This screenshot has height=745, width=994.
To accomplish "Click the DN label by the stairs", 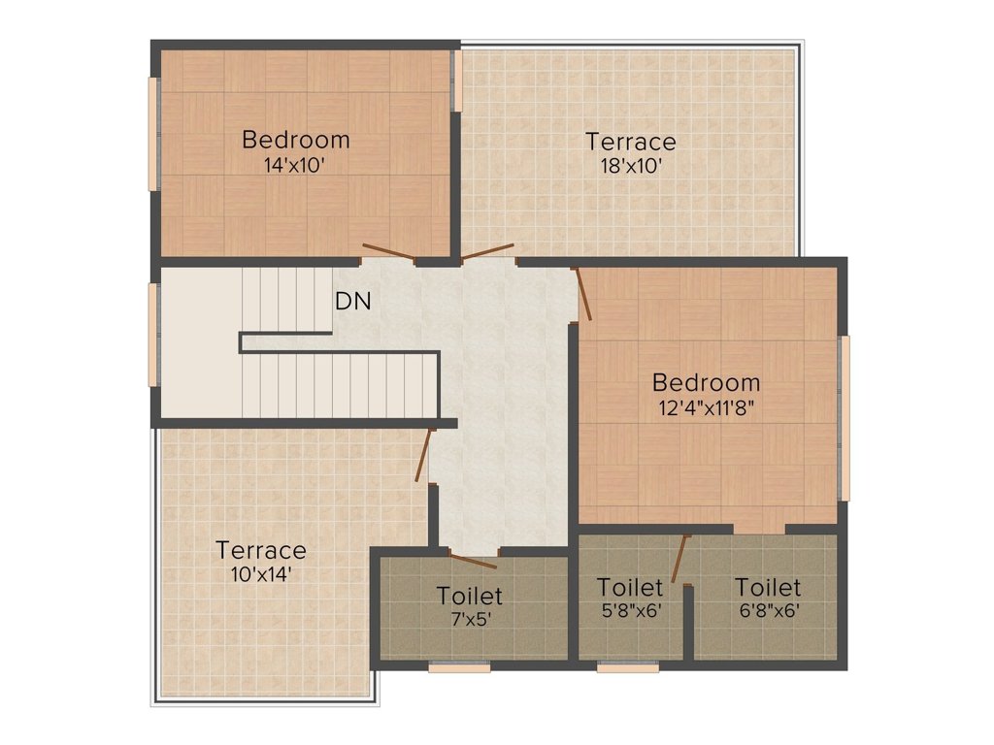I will point(353,302).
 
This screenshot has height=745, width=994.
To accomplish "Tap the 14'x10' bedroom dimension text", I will point(294,165).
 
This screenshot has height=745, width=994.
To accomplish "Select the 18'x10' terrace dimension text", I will point(631,166).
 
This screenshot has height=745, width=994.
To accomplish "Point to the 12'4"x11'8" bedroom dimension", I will point(706,407).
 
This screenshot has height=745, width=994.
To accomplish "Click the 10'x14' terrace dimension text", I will point(260,574).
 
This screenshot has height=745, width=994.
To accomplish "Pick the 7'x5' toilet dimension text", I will point(470,619).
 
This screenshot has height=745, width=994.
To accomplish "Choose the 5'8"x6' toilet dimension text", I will point(630,611).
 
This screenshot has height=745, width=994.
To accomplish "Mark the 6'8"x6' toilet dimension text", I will point(767,611).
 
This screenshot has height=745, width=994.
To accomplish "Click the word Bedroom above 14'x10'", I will point(296,140).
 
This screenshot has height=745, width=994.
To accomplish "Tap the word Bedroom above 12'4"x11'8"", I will point(706,382).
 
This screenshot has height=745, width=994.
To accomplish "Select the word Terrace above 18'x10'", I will point(631,142).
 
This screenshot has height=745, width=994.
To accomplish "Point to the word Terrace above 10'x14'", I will point(261,551).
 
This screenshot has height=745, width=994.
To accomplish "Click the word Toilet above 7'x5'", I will point(470,595).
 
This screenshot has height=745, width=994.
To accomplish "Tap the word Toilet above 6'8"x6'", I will point(768,588).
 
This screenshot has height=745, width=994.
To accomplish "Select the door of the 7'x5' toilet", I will point(473,560).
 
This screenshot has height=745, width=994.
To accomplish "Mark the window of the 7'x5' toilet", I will point(459,666).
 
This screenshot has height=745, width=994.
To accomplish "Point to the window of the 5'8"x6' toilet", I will point(627,666).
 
